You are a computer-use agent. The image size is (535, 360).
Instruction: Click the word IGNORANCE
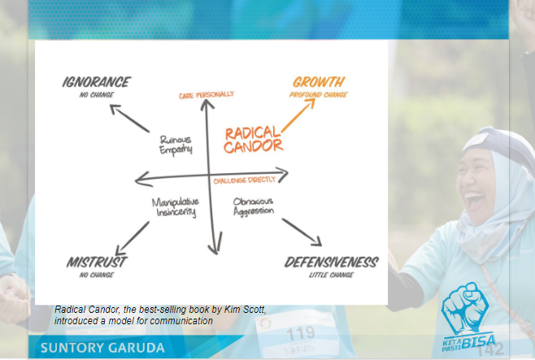96,82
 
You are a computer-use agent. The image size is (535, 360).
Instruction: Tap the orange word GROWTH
318,82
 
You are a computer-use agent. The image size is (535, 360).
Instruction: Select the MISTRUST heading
96,262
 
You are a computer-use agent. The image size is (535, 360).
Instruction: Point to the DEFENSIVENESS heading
331,262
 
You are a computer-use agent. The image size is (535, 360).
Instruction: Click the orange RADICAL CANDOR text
253,139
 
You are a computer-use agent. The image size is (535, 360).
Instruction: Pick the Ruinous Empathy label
176,145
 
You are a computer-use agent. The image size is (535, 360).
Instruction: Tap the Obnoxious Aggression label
253,206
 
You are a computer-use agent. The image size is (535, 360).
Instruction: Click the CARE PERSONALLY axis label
207,96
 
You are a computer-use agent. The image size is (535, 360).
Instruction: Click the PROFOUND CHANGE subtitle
318,95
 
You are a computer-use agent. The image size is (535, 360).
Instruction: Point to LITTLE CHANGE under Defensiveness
331,275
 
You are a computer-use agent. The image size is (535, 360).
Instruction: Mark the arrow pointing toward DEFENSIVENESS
302,232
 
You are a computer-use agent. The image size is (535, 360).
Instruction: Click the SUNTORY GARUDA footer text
102,348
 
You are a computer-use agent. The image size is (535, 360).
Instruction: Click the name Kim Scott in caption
248,310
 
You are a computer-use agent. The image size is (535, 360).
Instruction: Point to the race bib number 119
300,333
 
